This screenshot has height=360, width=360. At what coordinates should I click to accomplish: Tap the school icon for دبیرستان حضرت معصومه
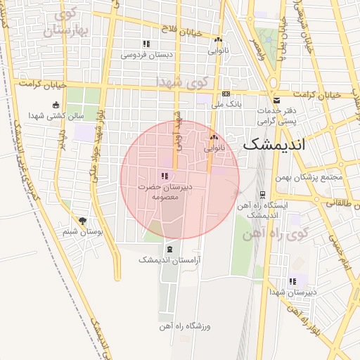pos(164,176)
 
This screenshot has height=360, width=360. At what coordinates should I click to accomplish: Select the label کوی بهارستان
pos(67,23)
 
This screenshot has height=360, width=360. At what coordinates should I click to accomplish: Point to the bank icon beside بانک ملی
pos(226,94)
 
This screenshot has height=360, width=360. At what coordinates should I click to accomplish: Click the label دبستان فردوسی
pos(146,54)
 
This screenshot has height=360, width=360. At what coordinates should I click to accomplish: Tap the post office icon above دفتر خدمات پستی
pos(276,101)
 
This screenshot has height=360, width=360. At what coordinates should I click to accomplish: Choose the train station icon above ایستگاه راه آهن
pos(262,195)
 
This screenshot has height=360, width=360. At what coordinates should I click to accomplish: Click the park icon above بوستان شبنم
pos(82,220)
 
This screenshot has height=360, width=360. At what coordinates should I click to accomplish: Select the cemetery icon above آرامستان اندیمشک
pos(169,250)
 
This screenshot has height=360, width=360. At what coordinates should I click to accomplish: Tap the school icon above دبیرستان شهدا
pos(292,282)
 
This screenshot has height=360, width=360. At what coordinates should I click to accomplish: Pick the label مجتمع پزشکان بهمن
pos(309,176)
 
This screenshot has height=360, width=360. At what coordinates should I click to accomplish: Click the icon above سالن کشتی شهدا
pos(56,105)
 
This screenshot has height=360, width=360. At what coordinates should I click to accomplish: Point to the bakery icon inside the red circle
pos(214,139)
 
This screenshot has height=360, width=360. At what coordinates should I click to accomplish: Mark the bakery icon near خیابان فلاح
pos(219,40)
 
